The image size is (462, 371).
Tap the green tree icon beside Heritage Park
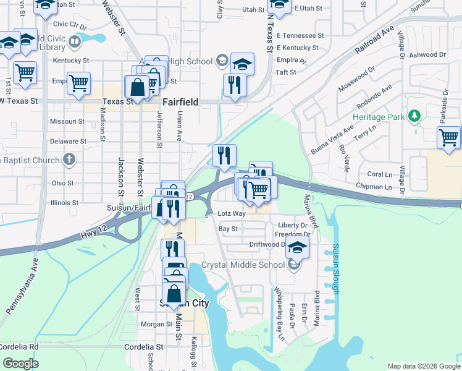pos(415,116)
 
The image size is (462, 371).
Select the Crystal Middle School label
pos(245,265)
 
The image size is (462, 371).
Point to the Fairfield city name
pos(180,102)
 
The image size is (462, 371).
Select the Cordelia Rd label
pos(19,347)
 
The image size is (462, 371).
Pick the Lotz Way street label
pos(232,213)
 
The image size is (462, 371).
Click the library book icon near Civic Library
pos(75,42)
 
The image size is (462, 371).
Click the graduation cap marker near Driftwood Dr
pos(297,249)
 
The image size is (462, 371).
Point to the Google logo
pos(20,363)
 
